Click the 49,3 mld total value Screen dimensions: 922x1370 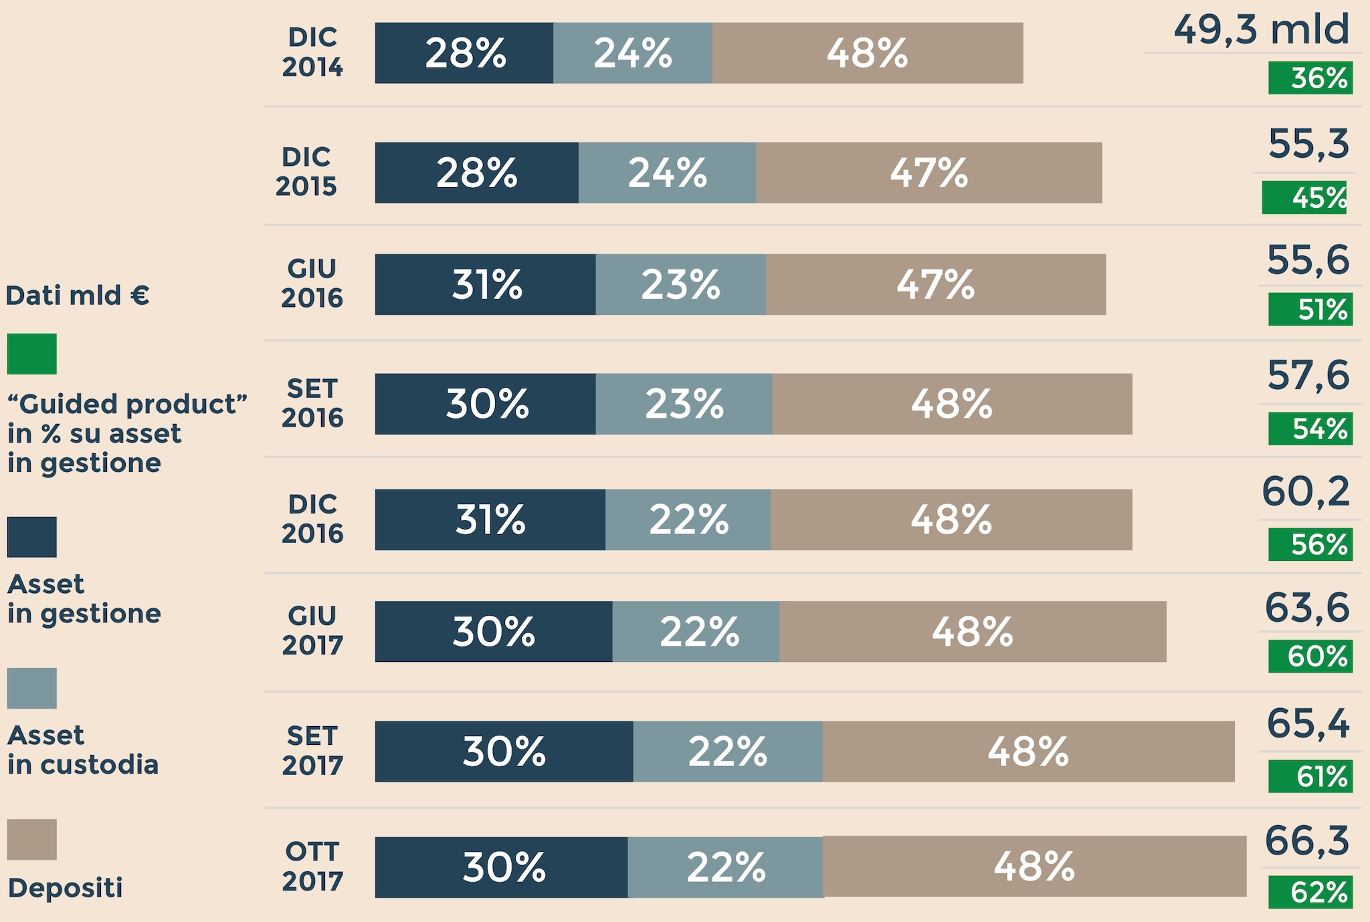pos(1261,30)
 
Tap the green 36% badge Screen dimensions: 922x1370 pos(1310,78)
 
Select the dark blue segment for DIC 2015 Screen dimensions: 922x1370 pos(476,172)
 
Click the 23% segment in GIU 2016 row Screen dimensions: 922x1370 pos(680,285)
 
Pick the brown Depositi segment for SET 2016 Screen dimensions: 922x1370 pos(951,404)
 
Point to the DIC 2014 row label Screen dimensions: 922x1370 pos(312,52)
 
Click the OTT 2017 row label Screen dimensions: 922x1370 pos(312,867)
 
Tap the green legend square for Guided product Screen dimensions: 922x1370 pos(32,354)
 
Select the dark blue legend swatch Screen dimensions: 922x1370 pos(32,537)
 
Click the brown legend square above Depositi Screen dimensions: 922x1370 pos(32,840)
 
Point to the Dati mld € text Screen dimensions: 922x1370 pos(78,296)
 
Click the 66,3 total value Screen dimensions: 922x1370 pos(1306,840)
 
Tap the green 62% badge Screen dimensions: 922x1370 pos(1310,893)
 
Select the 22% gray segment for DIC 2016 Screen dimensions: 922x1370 pos(688,520)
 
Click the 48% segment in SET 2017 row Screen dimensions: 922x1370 pos(1027,752)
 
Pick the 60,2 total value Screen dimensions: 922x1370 pos(1305,492)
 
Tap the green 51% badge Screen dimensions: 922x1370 pos(1310,310)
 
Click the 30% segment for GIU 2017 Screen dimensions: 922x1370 pos(493,631)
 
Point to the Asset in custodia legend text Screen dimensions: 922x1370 pos(83,750)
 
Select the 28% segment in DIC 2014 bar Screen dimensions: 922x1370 pos(464,53)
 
